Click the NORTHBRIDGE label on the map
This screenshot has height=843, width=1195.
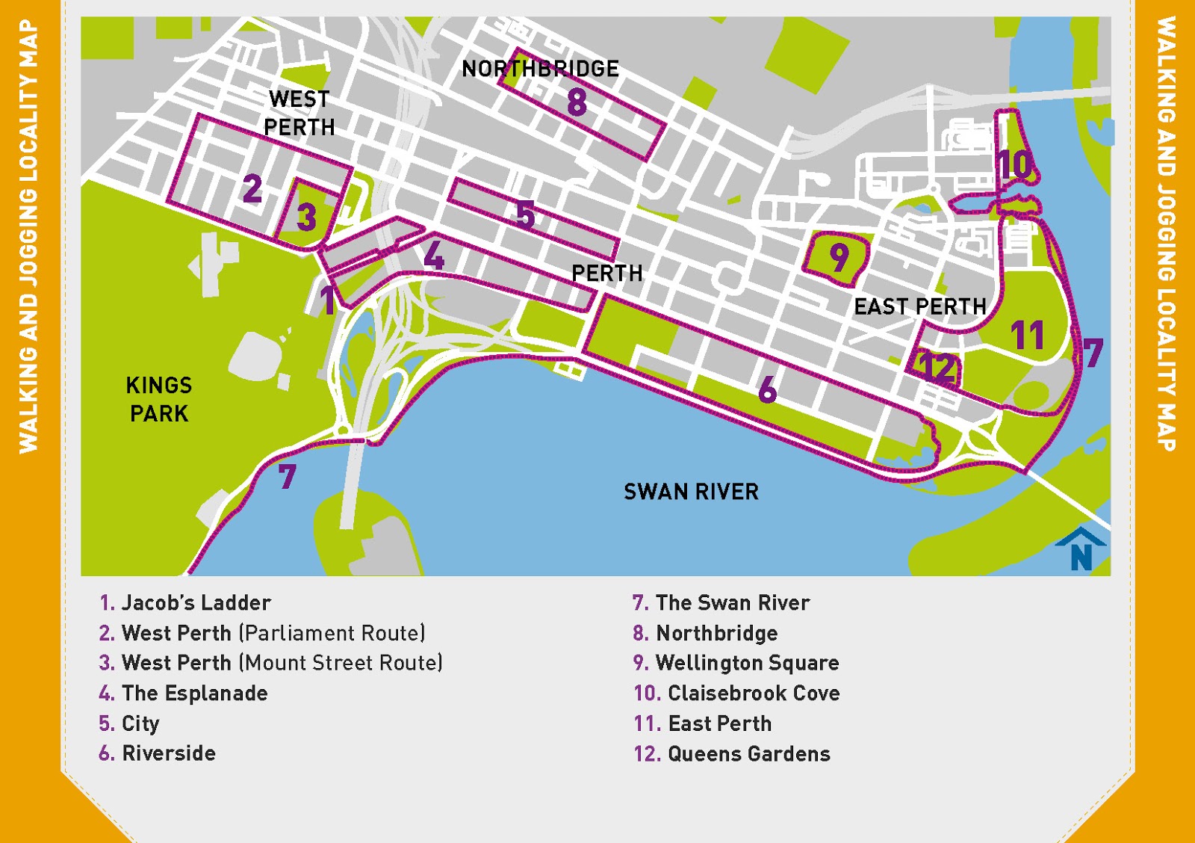pyautogui.click(x=540, y=69)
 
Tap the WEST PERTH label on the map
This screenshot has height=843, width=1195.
pyautogui.click(x=299, y=113)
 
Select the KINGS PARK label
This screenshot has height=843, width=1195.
pyautogui.click(x=159, y=399)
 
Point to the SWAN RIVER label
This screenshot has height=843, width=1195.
pyautogui.click(x=691, y=492)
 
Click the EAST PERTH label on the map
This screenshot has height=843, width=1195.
pyautogui.click(x=920, y=306)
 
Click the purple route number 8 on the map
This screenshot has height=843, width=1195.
pyautogui.click(x=577, y=102)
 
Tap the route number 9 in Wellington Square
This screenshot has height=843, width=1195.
pyautogui.click(x=839, y=258)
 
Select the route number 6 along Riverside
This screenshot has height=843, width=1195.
pyautogui.click(x=767, y=389)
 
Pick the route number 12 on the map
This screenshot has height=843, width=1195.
pyautogui.click(x=937, y=367)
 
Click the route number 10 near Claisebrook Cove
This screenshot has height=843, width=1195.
pyautogui.click(x=1016, y=164)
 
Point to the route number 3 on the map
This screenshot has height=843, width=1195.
pyautogui.click(x=306, y=217)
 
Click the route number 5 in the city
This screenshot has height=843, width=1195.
pyautogui.click(x=526, y=215)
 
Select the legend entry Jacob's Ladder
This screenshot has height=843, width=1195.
pyautogui.click(x=196, y=602)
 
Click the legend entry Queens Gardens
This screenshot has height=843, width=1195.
pyautogui.click(x=748, y=753)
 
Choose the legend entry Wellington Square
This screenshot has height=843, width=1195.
pyautogui.click(x=747, y=663)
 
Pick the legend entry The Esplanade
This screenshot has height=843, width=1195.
pyautogui.click(x=194, y=693)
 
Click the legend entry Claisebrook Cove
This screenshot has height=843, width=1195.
pyautogui.click(x=753, y=693)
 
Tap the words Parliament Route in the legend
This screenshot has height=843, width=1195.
pyautogui.click(x=332, y=633)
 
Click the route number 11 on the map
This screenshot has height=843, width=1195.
pyautogui.click(x=1028, y=336)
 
